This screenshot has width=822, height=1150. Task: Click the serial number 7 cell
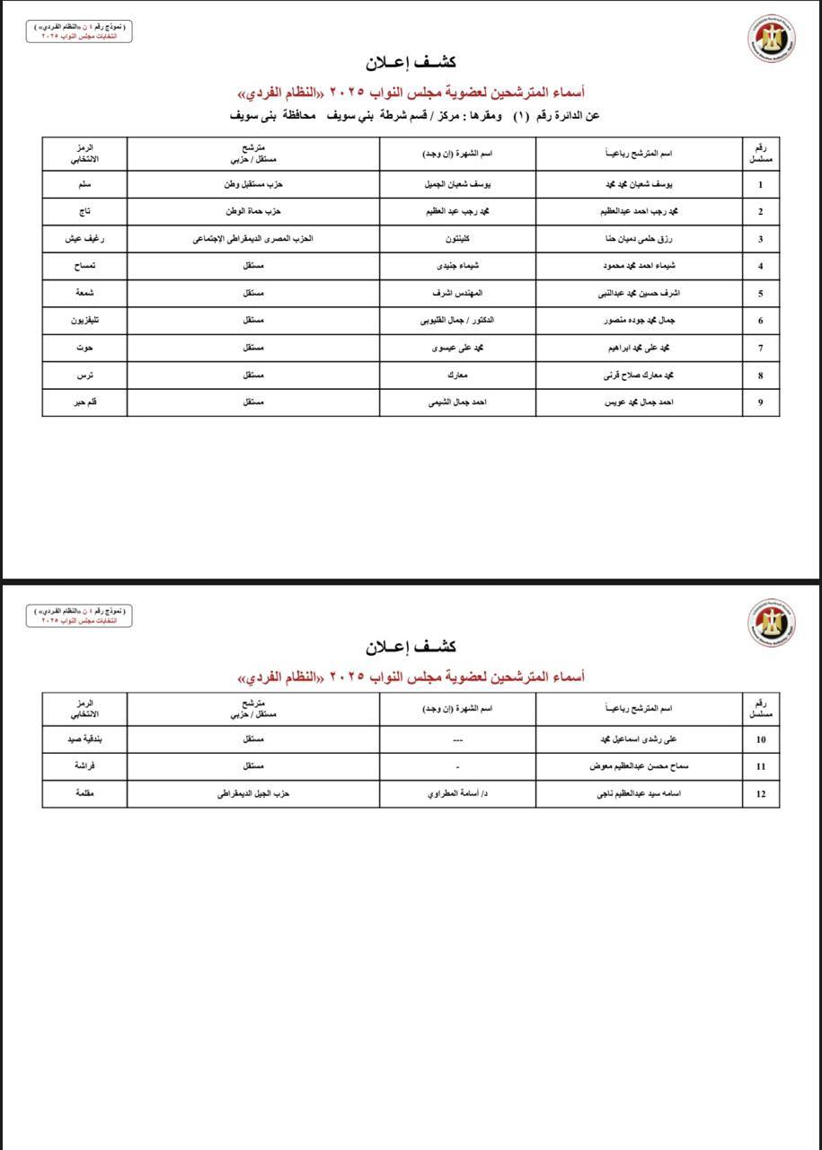click(761, 348)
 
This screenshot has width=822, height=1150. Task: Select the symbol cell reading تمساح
click(85, 266)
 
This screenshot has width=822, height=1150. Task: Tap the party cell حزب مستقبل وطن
click(253, 185)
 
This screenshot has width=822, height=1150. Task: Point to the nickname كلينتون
click(457, 239)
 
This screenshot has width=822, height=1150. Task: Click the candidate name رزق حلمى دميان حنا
click(640, 239)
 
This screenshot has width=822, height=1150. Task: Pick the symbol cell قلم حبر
click(85, 402)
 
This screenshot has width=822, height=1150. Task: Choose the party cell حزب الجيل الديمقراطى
click(253, 794)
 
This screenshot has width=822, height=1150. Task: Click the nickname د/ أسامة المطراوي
click(457, 794)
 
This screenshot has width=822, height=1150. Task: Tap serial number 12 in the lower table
click(761, 794)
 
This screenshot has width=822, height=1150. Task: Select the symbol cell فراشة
click(85, 767)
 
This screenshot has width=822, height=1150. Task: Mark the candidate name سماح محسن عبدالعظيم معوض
click(640, 767)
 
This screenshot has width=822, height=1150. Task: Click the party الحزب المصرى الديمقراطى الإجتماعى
click(253, 239)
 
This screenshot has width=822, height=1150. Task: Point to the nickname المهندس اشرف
click(457, 293)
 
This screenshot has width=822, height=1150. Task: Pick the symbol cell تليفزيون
click(85, 321)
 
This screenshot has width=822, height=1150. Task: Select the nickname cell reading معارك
click(457, 376)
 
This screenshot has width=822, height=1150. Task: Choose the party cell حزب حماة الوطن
click(253, 212)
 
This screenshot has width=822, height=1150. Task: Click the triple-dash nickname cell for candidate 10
click(457, 740)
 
